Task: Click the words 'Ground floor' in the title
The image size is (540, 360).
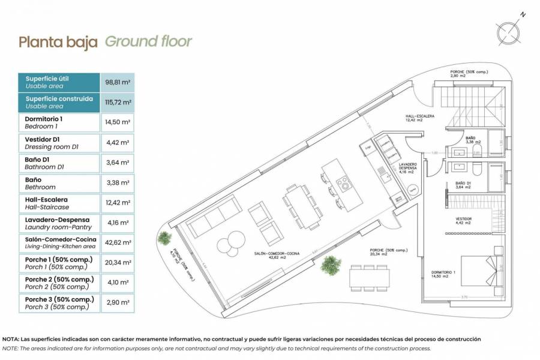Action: [149, 41]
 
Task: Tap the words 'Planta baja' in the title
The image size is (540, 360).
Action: [58, 42]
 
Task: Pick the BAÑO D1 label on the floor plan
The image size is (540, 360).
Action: [463, 185]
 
